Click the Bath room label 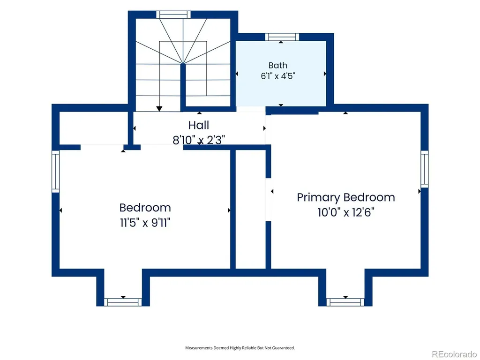(x=277, y=65)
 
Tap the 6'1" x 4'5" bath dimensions (x=277, y=75)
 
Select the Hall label (x=199, y=125)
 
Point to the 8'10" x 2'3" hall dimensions (x=199, y=140)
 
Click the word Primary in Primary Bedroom (x=318, y=198)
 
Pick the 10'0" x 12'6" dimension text (x=346, y=212)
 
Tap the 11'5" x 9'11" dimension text (x=145, y=223)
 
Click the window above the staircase (x=173, y=15)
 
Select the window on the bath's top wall (x=282, y=37)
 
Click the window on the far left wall (x=55, y=172)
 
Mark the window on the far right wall (x=424, y=169)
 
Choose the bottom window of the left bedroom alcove (x=123, y=302)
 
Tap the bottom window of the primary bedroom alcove (x=345, y=302)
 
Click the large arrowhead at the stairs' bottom (x=159, y=109)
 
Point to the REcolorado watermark (x=454, y=354)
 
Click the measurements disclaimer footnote (x=240, y=348)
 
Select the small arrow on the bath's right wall (x=325, y=74)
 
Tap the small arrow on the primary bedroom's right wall (x=420, y=191)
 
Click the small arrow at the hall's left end (x=134, y=128)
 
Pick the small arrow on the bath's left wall (x=237, y=74)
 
